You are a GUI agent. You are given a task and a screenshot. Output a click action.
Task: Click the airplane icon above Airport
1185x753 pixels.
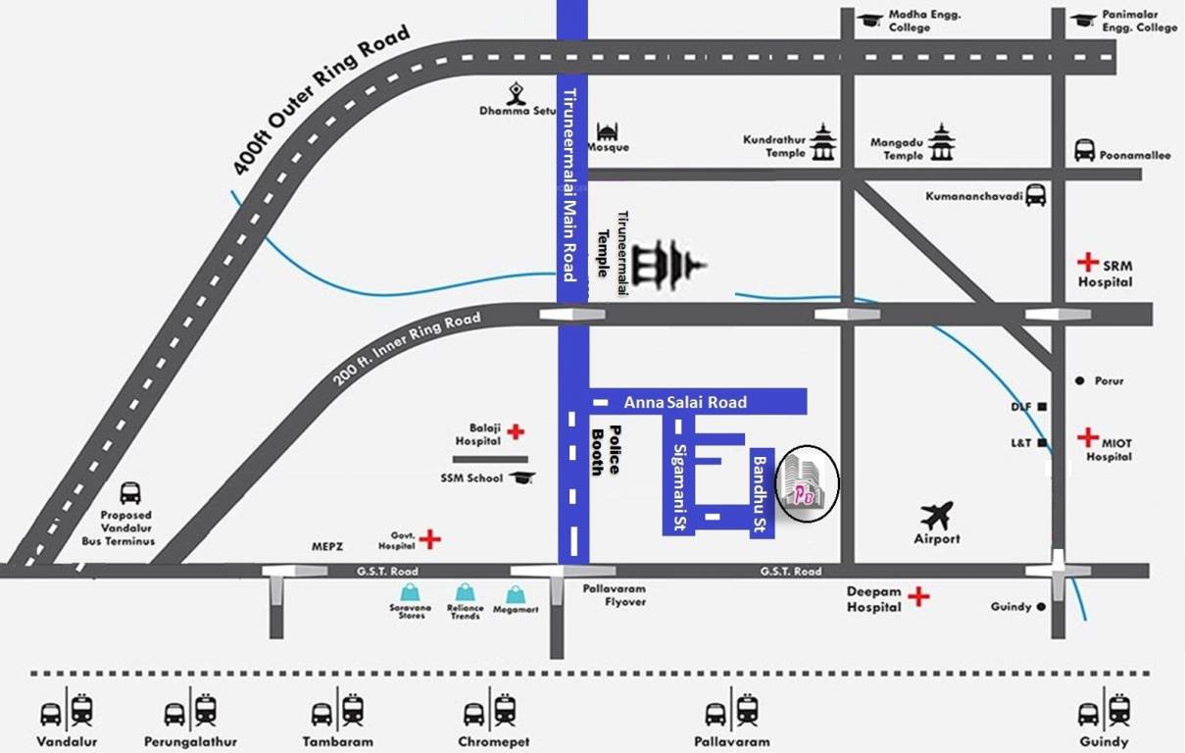tap(937, 514)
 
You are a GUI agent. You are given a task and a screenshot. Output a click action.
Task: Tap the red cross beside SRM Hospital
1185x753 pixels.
tap(1087, 262)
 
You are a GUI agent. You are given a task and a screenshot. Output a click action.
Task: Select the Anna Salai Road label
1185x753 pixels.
tap(685, 402)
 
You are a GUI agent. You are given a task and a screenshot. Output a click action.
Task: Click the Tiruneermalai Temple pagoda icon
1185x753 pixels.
tap(667, 265)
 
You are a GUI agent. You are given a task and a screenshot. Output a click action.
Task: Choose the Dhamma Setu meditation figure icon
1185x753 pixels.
tap(517, 93)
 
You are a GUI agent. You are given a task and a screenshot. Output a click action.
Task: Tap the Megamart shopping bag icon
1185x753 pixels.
tap(516, 594)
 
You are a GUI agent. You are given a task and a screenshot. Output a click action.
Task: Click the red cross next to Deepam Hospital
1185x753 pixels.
tap(918, 596)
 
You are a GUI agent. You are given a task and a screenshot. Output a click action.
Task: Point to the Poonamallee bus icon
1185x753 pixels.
tap(1084, 150)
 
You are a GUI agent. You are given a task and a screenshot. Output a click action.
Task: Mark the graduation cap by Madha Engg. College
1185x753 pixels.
tap(869, 20)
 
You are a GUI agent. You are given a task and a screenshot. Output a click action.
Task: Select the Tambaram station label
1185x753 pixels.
tap(341, 741)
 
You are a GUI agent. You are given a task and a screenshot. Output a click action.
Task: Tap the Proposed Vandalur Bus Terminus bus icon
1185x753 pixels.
tap(129, 492)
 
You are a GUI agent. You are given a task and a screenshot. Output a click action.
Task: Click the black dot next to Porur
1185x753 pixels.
tap(1079, 380)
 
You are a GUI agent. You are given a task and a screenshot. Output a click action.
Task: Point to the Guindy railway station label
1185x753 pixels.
tap(1104, 741)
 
